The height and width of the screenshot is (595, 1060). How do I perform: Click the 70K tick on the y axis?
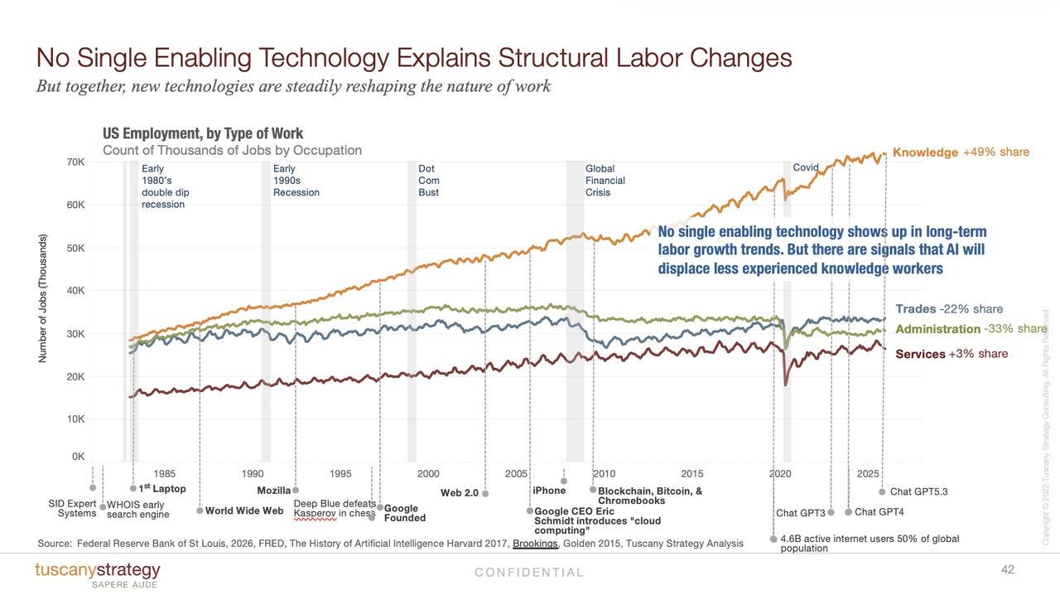coord(75,162)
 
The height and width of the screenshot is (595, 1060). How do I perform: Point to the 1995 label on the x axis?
coord(340,474)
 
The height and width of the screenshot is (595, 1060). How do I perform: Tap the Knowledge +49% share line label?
coord(961,152)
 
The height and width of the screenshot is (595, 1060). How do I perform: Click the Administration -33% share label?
coord(971,329)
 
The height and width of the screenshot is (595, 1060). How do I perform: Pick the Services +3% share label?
coord(952,354)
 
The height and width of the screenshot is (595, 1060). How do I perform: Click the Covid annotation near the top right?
coord(806,167)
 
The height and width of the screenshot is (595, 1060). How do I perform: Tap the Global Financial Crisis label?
coord(605,181)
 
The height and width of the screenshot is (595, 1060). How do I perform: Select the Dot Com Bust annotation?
coord(429,181)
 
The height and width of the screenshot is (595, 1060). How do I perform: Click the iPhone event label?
coord(549,491)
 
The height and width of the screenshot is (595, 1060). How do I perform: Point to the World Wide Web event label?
coord(244,510)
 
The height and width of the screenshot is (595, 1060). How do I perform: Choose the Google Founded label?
coord(405,513)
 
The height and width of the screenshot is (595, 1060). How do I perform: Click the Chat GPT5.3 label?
coord(919,491)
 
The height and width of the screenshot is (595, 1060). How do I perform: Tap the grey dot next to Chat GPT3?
coord(831,512)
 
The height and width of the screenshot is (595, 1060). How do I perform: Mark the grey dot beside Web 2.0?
coord(485,494)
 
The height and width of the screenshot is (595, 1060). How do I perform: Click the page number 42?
coord(1008,569)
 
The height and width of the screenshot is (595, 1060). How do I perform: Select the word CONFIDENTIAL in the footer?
coord(529,573)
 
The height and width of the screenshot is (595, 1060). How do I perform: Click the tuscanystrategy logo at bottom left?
coord(98,574)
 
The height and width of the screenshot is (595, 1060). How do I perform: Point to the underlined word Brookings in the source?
coord(535,544)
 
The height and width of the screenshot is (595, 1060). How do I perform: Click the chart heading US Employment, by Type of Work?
coord(203,133)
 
